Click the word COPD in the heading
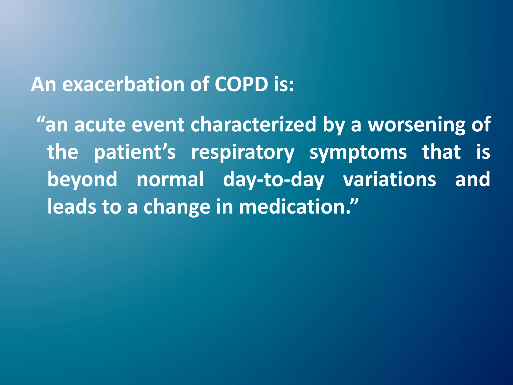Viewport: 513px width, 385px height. point(241,84)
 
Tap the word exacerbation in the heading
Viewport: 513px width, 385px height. point(123,84)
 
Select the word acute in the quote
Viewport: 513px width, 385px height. point(100,125)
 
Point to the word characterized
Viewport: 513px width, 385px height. point(253,125)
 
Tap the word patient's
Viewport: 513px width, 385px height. point(135,152)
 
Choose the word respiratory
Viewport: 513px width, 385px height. point(242,152)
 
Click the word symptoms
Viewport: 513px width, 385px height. point(358,152)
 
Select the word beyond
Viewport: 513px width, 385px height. point(82,179)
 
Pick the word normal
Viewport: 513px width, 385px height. point(170,179)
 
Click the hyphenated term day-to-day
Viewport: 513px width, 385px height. point(273,179)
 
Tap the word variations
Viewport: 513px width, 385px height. point(389,179)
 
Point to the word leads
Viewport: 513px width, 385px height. point(72,207)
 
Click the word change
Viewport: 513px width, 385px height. point(177,207)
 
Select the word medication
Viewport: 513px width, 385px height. point(292,207)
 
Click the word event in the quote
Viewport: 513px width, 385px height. point(158,125)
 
